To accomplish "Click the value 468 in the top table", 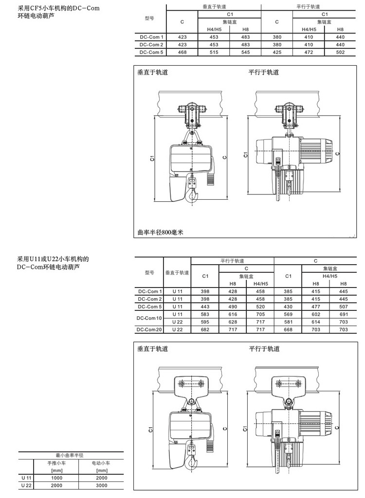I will pos(182,52).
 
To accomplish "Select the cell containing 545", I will pos(245,52).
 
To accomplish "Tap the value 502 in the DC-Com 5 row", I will pos(340,52).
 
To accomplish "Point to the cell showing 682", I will pos(205,330).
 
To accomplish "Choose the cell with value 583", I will pos(205,314).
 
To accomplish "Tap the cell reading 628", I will pos(233,322).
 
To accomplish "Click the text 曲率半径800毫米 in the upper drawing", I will pos(160,232).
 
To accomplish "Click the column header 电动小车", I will pos(101,463).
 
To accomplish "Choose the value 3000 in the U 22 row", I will pos(101,485).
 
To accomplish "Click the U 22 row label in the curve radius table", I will pos(26,485).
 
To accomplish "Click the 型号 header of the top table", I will pos(149,19).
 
